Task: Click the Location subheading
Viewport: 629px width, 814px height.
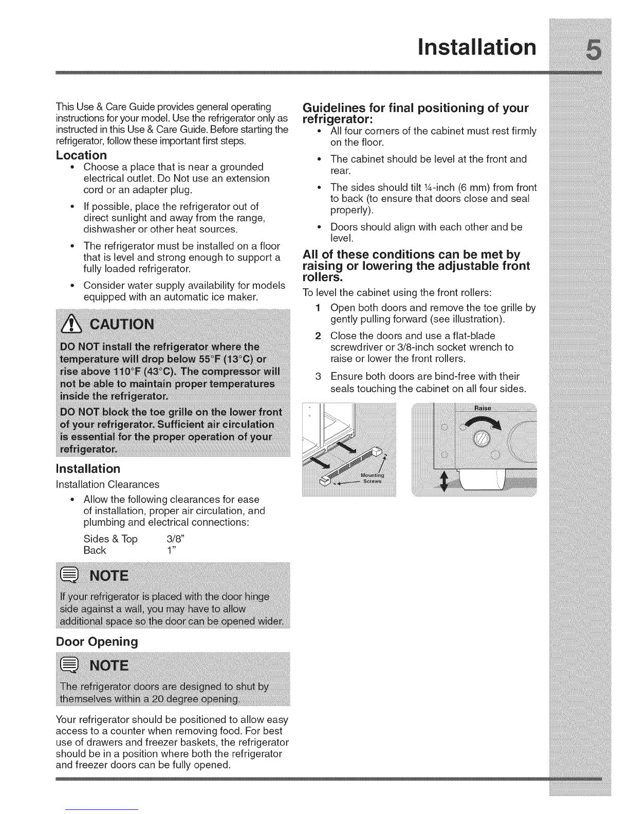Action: click(x=81, y=155)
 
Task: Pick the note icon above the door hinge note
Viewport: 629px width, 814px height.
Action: click(x=68, y=576)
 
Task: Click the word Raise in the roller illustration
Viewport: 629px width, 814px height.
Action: click(x=483, y=408)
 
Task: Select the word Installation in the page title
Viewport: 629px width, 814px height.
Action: click(x=475, y=48)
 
